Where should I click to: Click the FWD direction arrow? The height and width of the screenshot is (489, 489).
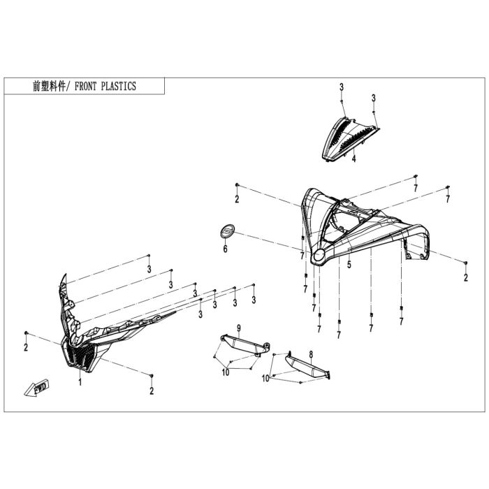pos(37,387)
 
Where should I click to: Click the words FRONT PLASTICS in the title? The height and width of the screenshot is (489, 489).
pos(105,86)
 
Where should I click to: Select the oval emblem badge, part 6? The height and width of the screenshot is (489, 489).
pos(227,232)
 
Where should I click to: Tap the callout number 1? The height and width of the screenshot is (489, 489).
pos(80,381)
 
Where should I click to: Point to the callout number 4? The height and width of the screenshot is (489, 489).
pos(353,159)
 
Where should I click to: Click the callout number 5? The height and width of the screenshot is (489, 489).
pos(349,265)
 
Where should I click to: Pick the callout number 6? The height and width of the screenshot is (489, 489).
pos(225,249)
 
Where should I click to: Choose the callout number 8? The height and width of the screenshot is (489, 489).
pos(311,354)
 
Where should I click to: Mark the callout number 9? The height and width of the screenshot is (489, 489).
pos(239,328)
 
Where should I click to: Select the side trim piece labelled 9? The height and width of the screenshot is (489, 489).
pos(245,345)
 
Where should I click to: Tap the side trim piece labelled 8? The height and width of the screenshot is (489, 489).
pos(308,367)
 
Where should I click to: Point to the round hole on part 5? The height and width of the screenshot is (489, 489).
pos(319,256)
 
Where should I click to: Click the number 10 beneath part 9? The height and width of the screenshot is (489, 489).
pos(226,372)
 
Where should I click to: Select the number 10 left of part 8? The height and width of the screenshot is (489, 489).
pos(265,379)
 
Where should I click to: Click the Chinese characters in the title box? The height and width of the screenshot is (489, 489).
pos(49,86)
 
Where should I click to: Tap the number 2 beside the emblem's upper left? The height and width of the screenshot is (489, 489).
pos(237,198)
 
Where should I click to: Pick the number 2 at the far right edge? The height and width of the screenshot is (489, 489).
pos(466,277)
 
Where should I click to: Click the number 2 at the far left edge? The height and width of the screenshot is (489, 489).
pos(26,346)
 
